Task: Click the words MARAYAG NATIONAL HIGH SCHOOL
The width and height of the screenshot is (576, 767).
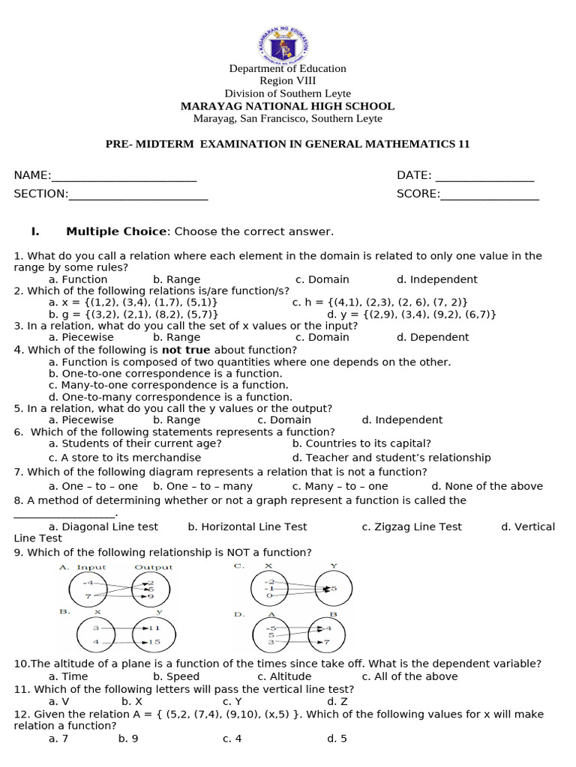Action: pyautogui.click(x=287, y=106)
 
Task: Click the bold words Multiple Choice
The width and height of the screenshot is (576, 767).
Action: pyautogui.click(x=116, y=232)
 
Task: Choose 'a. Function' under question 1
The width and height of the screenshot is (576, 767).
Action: pyautogui.click(x=78, y=279)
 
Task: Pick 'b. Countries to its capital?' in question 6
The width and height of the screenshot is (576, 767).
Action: pyautogui.click(x=361, y=443)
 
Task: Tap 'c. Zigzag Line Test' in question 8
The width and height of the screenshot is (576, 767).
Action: pyautogui.click(x=412, y=527)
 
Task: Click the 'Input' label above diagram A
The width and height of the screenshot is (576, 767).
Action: pyautogui.click(x=91, y=567)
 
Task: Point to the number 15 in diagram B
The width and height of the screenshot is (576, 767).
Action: pyautogui.click(x=154, y=643)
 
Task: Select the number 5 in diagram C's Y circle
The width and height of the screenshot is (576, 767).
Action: pyautogui.click(x=334, y=589)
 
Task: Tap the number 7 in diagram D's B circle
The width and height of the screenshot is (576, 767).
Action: pyautogui.click(x=325, y=643)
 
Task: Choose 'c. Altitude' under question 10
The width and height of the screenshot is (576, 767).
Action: pyautogui.click(x=284, y=676)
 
